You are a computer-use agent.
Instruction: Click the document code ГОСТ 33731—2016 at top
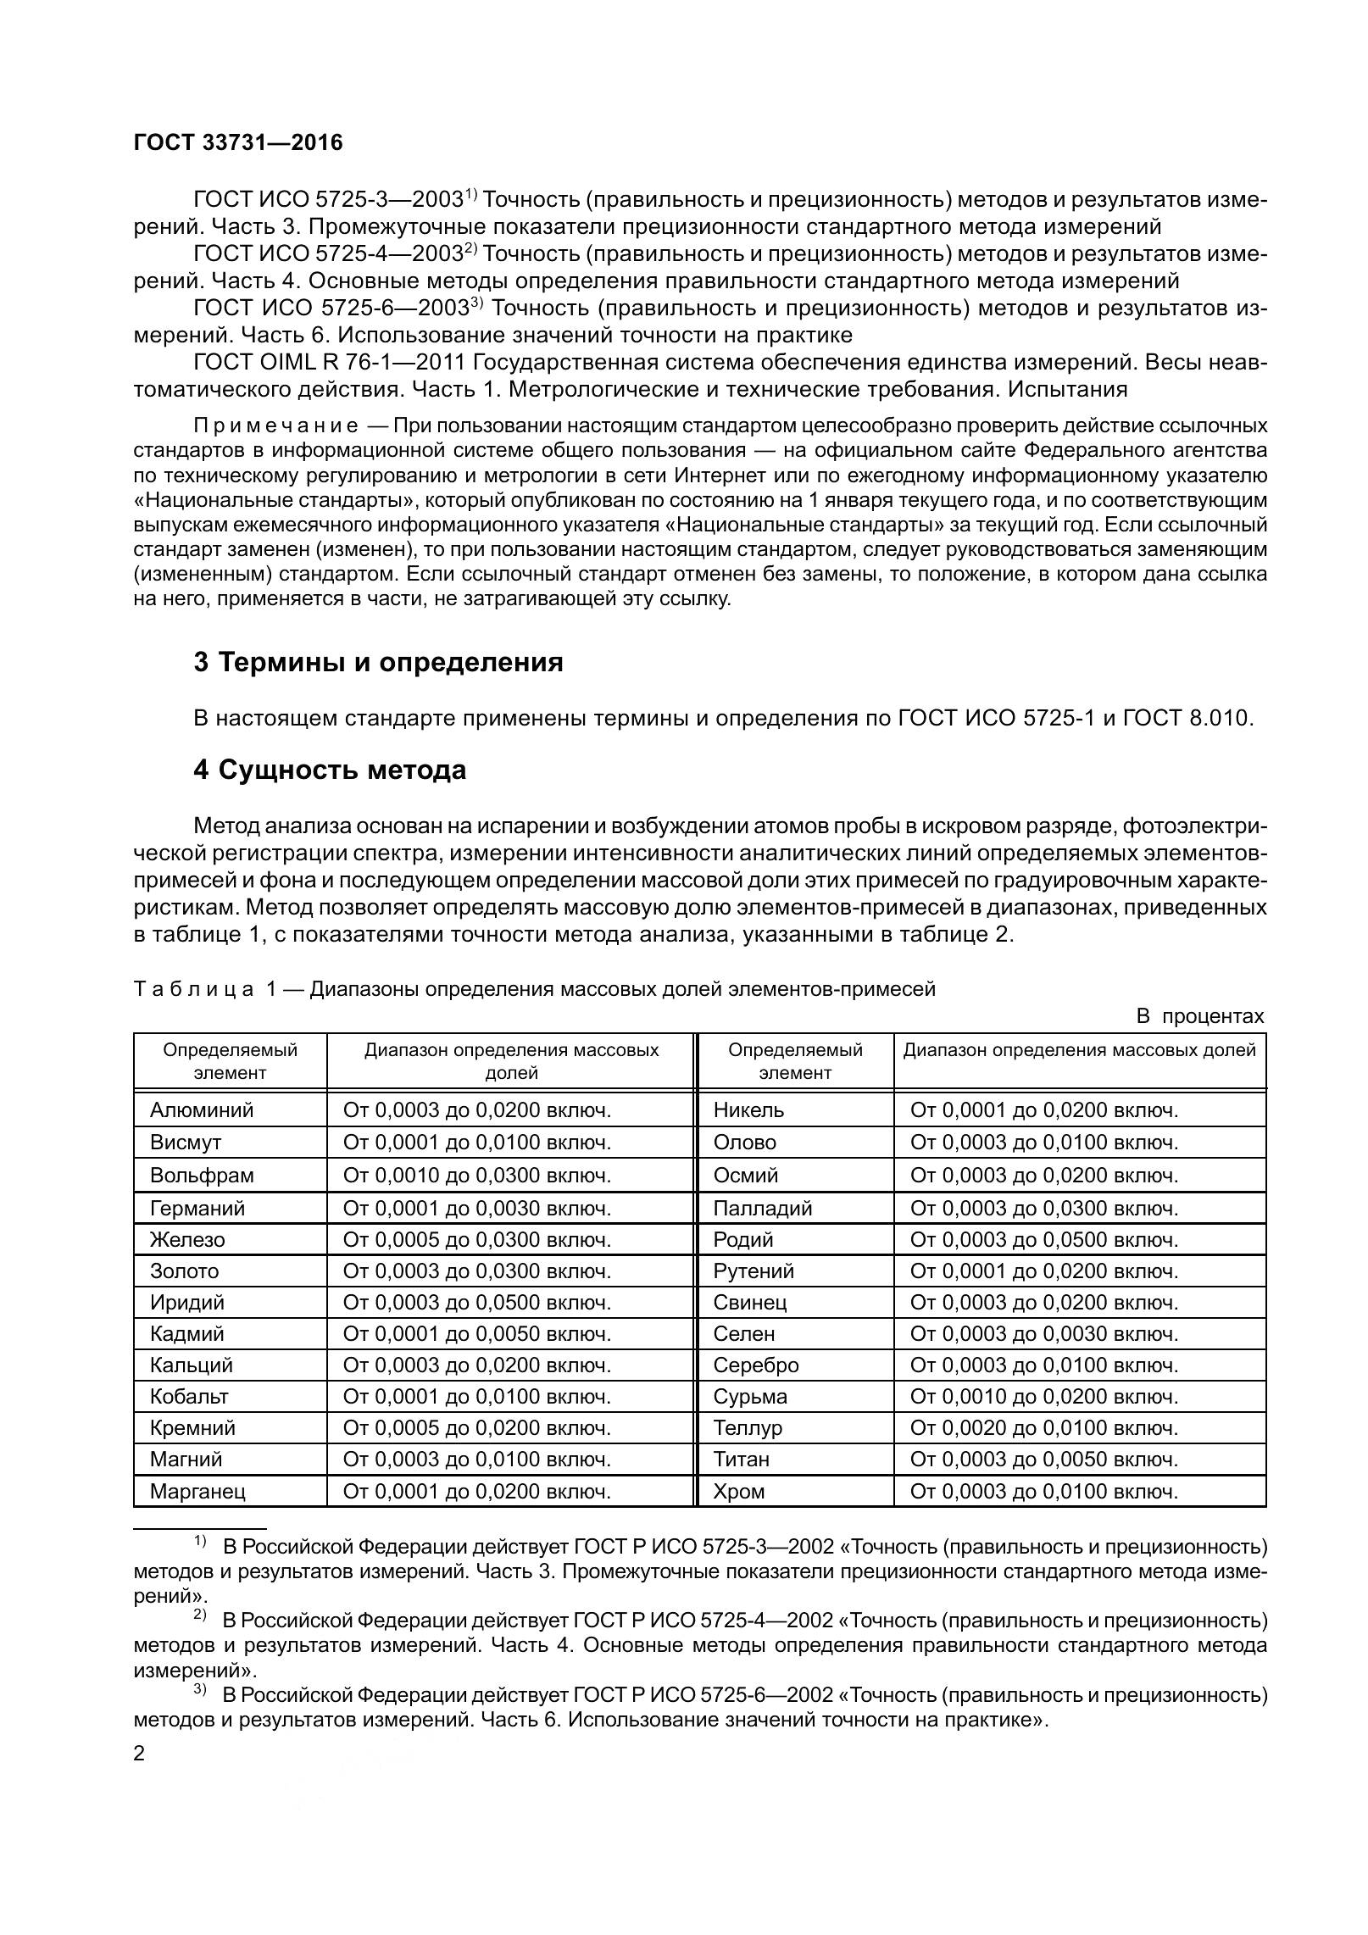(x=238, y=143)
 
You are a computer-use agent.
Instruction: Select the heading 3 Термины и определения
(x=378, y=662)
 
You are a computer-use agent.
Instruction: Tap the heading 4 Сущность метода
(x=330, y=770)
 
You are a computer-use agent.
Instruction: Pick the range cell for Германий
(x=476, y=1208)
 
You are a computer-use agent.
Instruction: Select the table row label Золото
(x=184, y=1271)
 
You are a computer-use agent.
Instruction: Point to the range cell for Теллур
(x=1043, y=1428)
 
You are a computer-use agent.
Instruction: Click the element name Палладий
(x=762, y=1208)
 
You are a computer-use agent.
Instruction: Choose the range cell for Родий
(x=1043, y=1240)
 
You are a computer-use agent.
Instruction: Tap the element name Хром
(x=738, y=1491)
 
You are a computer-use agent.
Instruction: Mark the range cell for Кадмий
(x=476, y=1333)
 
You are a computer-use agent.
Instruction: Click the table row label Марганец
(x=197, y=1491)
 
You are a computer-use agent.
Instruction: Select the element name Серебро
(x=755, y=1365)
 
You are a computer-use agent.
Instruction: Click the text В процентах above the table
(x=1199, y=1016)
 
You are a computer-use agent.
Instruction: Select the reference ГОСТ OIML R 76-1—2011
(x=330, y=363)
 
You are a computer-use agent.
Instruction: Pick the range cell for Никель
(x=1043, y=1110)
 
